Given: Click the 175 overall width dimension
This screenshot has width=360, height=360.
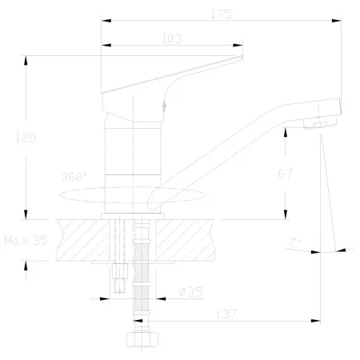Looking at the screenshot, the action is (222, 14).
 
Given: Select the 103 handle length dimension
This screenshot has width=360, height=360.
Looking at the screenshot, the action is (172, 38).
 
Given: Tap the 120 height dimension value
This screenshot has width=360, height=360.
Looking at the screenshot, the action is (26, 138).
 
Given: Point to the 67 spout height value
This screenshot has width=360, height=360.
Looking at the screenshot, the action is (286, 174).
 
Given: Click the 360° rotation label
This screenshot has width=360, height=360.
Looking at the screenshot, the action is (74, 177).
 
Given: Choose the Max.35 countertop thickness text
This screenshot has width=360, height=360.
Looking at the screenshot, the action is (26, 241).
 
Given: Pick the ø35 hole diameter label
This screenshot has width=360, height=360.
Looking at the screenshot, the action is (191, 292).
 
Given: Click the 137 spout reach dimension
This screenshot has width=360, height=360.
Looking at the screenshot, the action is (226, 314).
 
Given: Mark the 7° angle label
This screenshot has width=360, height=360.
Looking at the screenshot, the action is (295, 242).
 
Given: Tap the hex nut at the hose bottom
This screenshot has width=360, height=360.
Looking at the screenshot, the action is (142, 339).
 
